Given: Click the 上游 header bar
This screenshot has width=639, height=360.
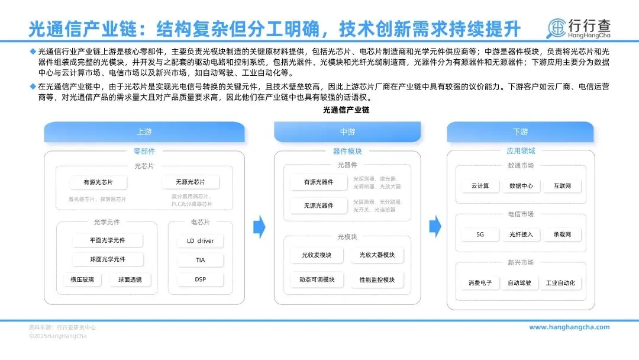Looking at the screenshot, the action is [x=144, y=131].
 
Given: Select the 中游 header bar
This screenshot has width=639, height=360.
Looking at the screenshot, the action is [x=347, y=131].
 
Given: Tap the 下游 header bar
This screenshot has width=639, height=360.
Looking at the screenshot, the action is [x=520, y=131].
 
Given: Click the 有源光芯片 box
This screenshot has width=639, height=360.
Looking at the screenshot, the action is [x=98, y=182].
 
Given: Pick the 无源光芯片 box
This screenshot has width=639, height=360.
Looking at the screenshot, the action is [x=190, y=182].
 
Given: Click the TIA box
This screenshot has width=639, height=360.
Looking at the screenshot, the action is [x=201, y=260].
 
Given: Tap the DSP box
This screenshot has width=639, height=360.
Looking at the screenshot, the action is [x=201, y=279].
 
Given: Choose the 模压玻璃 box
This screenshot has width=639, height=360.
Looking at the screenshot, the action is [x=82, y=279].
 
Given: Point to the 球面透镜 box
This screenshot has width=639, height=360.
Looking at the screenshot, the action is [x=130, y=279].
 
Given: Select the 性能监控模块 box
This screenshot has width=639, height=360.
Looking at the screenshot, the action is [x=377, y=279].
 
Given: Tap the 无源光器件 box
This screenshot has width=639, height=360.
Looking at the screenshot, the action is [x=318, y=205].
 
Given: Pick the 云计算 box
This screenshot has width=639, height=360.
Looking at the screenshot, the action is [x=480, y=186].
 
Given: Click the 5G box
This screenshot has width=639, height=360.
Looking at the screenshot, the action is [x=480, y=234].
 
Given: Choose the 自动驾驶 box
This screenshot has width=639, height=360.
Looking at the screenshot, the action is [x=519, y=283].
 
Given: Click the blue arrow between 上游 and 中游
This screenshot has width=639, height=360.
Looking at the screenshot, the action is [x=259, y=226].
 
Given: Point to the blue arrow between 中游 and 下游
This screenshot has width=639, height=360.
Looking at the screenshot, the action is [x=435, y=226].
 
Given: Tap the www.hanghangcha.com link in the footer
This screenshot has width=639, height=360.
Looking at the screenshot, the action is [x=569, y=327].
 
